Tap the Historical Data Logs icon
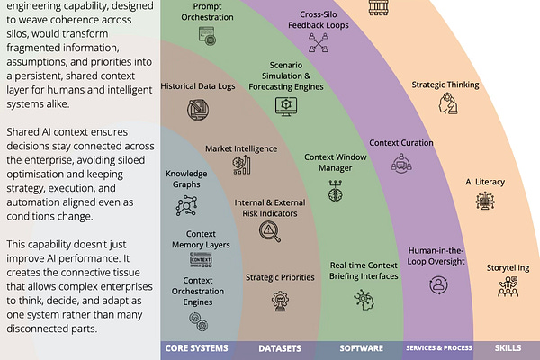[197, 110]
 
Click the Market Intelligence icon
[240, 165]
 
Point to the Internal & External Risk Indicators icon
[269, 230]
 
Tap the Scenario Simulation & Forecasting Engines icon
[286, 106]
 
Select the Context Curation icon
[400, 164]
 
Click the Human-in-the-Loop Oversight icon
[437, 284]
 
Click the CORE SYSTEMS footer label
[196, 347]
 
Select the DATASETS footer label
[280, 347]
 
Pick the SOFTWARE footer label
[362, 347]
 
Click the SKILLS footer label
[508, 347]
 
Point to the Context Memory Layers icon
[200, 260]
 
